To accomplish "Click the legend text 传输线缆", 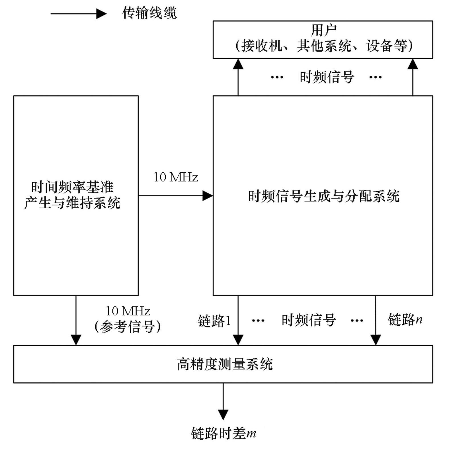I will (x=149, y=13).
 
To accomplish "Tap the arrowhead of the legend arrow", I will (x=101, y=13).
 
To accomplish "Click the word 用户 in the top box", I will (x=323, y=30).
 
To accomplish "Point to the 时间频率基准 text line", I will (x=72, y=187).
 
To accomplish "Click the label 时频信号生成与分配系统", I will (x=324, y=196).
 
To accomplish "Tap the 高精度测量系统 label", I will (x=225, y=364).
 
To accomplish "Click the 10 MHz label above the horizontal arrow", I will (x=176, y=177).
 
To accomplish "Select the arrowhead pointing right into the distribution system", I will (x=207, y=196).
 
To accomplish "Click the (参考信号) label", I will (x=128, y=326).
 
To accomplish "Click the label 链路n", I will (x=405, y=319).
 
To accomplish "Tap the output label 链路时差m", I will (x=224, y=433).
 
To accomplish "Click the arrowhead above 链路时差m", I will (x=223, y=414).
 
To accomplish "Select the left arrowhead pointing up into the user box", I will (x=238, y=64).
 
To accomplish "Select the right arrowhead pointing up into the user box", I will (x=413, y=64).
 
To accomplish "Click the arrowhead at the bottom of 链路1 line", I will (x=238, y=340).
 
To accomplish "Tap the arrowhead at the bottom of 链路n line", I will (x=376, y=340).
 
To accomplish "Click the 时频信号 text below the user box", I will (x=327, y=77).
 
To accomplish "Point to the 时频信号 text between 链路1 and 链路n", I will (x=309, y=320).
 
